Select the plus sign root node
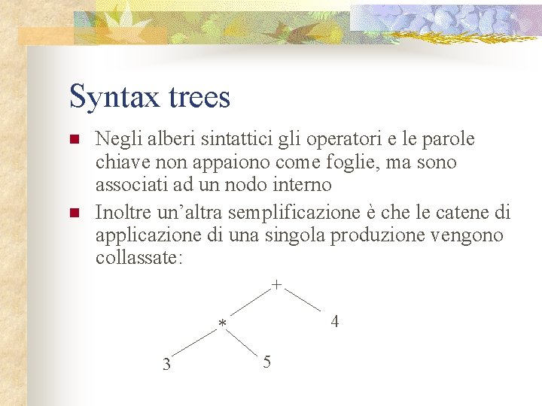[x=277, y=286]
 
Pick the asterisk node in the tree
[x=222, y=324]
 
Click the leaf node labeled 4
[x=335, y=321]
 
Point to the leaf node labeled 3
[x=167, y=365]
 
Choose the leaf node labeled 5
[x=268, y=362]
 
